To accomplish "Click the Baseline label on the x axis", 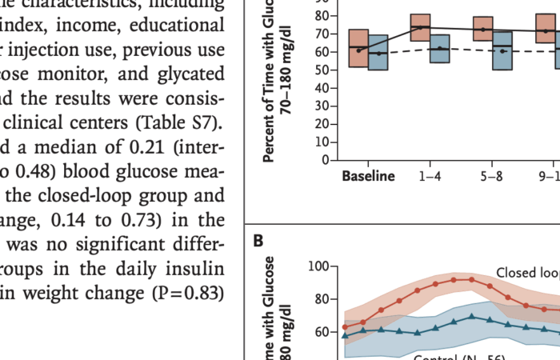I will tap(368, 176).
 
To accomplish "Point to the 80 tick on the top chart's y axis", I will tap(322, 16).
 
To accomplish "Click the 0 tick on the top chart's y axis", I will tap(325, 160).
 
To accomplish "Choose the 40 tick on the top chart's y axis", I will tap(322, 88).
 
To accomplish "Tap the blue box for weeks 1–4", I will tap(439, 49).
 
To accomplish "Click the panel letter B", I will tap(259, 238).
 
